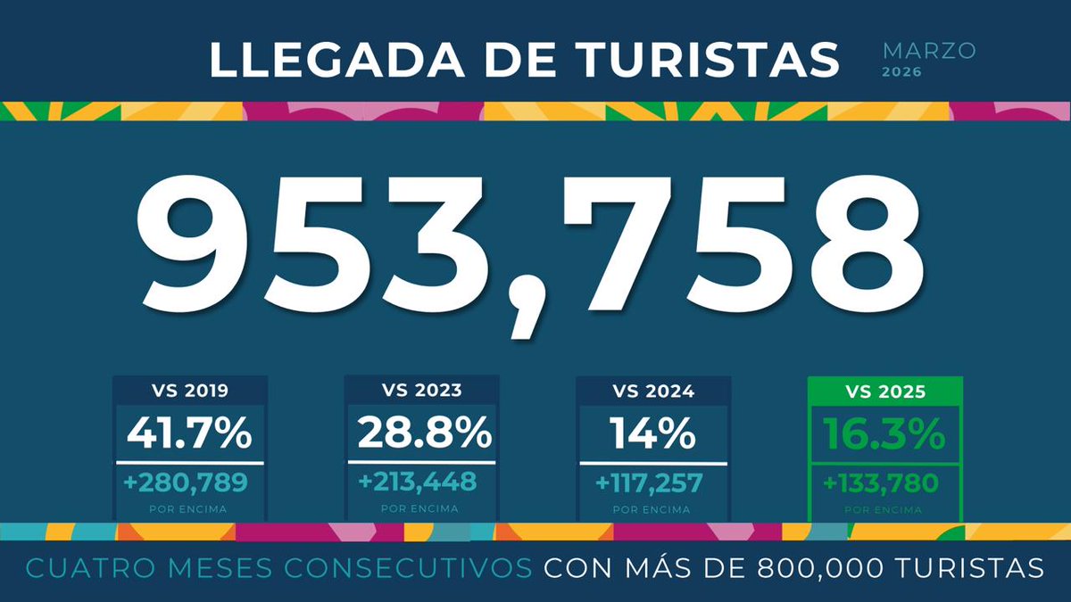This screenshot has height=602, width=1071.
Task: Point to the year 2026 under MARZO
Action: click(x=902, y=72)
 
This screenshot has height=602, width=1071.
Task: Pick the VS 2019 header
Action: click(x=189, y=391)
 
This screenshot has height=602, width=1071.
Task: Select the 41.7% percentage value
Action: click(x=189, y=433)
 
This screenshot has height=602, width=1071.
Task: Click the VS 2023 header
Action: click(x=421, y=391)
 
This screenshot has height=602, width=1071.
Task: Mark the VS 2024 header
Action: click(x=653, y=391)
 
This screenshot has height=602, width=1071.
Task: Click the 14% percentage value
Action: click(x=653, y=433)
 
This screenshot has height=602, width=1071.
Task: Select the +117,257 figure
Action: click(x=650, y=482)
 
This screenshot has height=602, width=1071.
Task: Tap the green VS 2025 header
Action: click(x=884, y=391)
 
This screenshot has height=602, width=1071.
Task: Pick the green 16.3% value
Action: click(x=884, y=434)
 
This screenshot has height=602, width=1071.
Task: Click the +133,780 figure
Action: click(x=882, y=482)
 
